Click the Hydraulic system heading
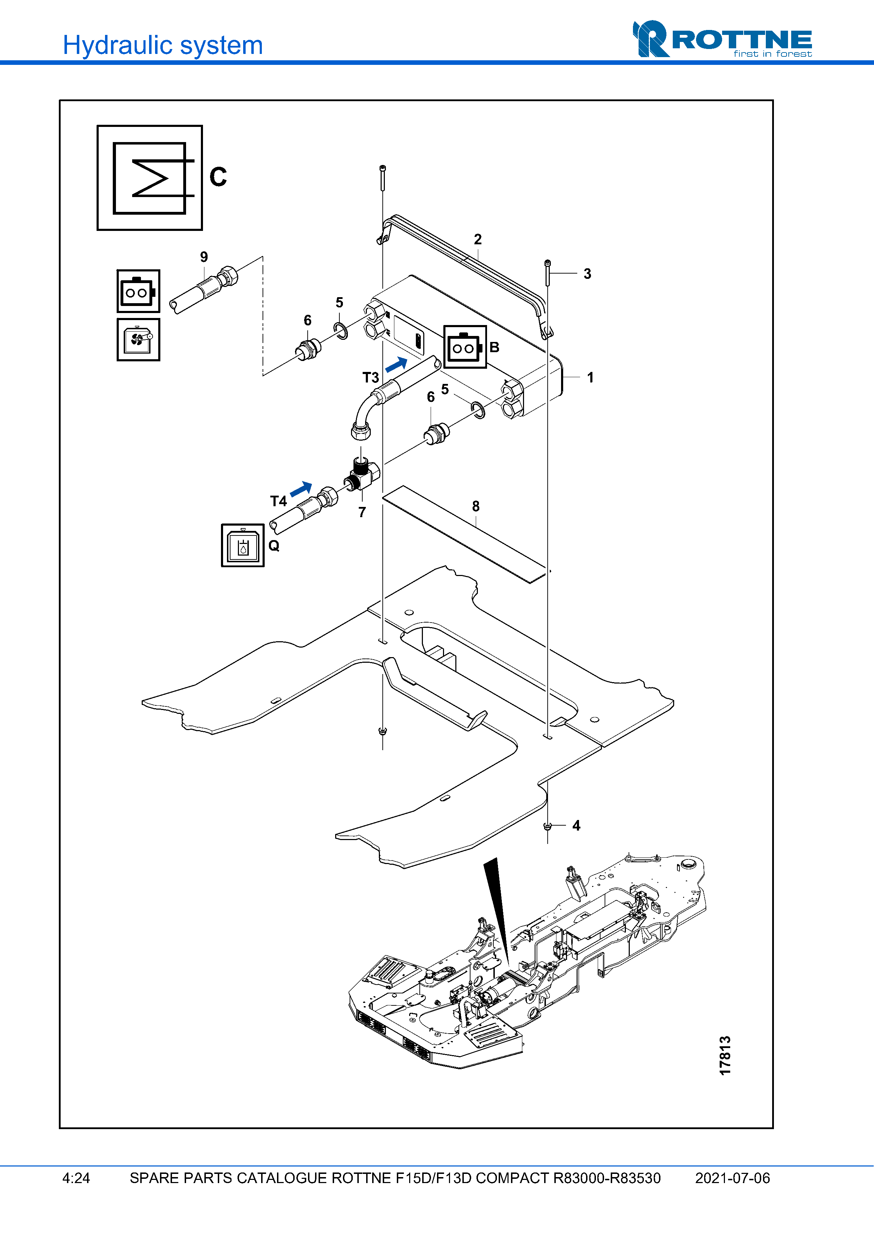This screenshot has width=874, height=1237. coord(162,45)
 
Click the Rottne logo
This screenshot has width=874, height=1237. coord(722,40)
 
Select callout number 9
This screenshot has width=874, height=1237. coord(204,257)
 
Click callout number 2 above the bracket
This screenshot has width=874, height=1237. coord(478,239)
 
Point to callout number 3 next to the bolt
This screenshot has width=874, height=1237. coord(587,274)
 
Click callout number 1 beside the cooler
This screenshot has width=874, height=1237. coord(590,377)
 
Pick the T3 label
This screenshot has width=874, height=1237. coord(370,377)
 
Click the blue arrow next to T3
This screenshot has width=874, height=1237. coord(397,364)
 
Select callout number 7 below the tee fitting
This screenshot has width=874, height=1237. coord(362,512)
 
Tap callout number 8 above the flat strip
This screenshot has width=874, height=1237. coord(475,507)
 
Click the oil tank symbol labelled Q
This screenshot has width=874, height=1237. coord(243,545)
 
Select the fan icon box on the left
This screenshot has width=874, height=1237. coord(139,339)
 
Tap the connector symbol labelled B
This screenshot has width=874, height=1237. coord(465,347)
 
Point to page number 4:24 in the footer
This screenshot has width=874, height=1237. coord(76,1178)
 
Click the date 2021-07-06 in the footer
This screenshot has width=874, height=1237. coord(732,1178)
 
